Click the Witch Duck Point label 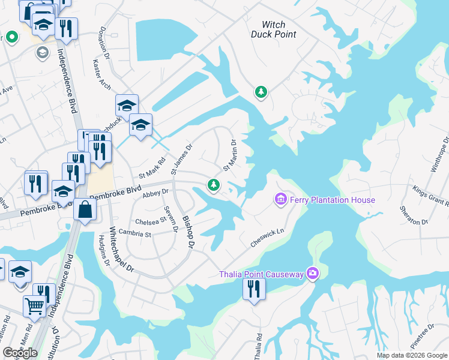coord(278,29)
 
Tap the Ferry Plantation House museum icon coord(280,199)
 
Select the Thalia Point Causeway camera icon coord(312,274)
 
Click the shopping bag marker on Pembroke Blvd coord(85,210)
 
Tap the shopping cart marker coord(35,307)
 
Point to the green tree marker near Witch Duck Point coord(261,92)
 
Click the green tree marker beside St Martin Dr coord(213,185)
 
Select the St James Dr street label coord(181,159)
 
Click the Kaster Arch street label coord(101,74)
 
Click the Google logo coord(20,353)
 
